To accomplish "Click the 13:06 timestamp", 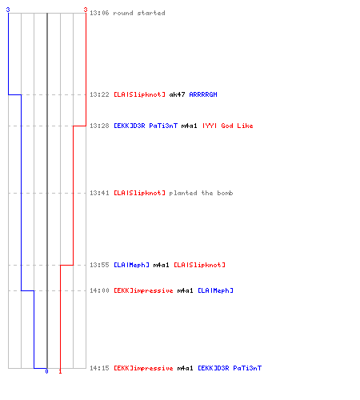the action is coord(99,13).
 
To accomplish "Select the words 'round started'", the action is coord(139,13).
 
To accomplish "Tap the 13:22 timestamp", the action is coord(99,94).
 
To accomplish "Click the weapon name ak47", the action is coord(177,94).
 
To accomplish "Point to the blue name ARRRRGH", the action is coord(203,94).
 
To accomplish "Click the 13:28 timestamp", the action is coord(99,126).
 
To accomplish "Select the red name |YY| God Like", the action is coord(228,126).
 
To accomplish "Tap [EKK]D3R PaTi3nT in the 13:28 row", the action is coord(146,126).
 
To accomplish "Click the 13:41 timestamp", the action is coord(99,193).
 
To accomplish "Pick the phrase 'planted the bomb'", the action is coord(201,193).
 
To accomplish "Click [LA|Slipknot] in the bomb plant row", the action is coord(139,193).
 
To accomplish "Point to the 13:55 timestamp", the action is coord(99,265).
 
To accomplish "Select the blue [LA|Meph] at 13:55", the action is coord(131,265).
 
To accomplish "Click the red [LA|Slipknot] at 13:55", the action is coord(199,265).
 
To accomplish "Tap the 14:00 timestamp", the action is coord(99,290).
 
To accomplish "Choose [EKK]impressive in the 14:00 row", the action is coord(143,290).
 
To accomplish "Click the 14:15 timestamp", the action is coord(99,368).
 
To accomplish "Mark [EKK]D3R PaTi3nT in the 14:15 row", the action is coord(230,368).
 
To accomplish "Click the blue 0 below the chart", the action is coord(46,371).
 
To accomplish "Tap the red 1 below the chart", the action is coord(60,371).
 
